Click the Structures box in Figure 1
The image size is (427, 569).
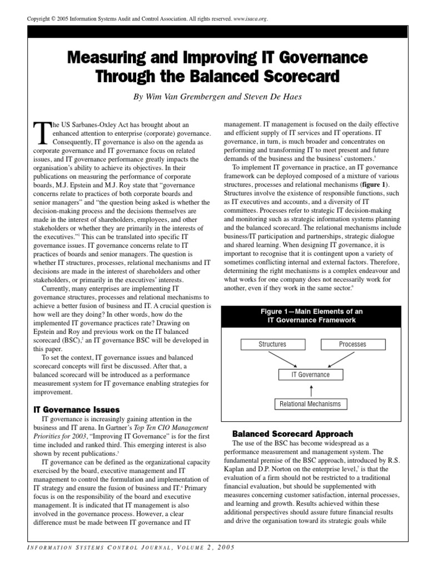[272, 344]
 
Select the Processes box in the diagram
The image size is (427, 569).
[352, 344]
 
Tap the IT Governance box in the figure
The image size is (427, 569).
[311, 375]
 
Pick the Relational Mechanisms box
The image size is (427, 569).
[311, 403]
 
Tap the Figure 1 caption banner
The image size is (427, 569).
[311, 316]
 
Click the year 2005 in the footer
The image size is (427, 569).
[225, 548]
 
